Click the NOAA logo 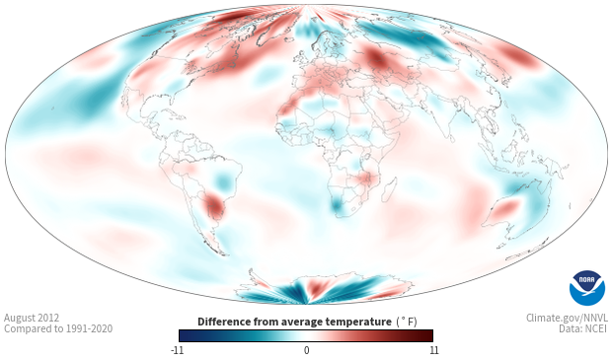point(587,288)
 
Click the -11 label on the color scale point(178,350)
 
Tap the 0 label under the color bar point(306,350)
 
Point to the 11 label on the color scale point(433,350)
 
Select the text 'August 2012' point(32,318)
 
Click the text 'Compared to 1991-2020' point(58,328)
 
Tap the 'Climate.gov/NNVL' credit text point(567,318)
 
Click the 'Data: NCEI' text point(583,328)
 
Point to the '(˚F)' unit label point(407,322)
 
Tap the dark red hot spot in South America point(214,205)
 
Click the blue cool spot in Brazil point(223,180)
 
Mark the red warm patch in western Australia point(505,208)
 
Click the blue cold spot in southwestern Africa point(337,205)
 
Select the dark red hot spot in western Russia point(377,59)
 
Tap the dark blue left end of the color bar point(184,335)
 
